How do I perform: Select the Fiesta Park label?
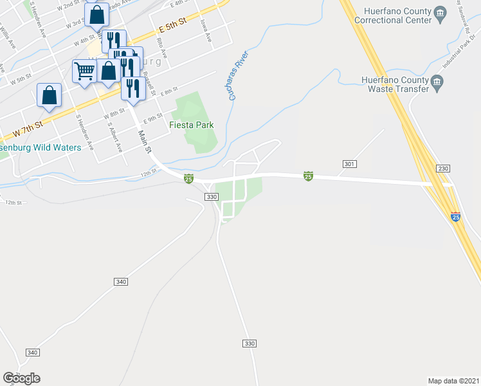[191, 125]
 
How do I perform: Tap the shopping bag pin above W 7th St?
[50, 96]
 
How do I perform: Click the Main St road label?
[144, 142]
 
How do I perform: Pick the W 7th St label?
[28, 129]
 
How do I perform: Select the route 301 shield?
[349, 165]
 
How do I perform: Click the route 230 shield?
[442, 169]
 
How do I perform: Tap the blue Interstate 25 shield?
[455, 217]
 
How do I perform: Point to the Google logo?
[21, 378]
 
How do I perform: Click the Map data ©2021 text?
[453, 380]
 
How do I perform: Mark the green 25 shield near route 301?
[308, 176]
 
